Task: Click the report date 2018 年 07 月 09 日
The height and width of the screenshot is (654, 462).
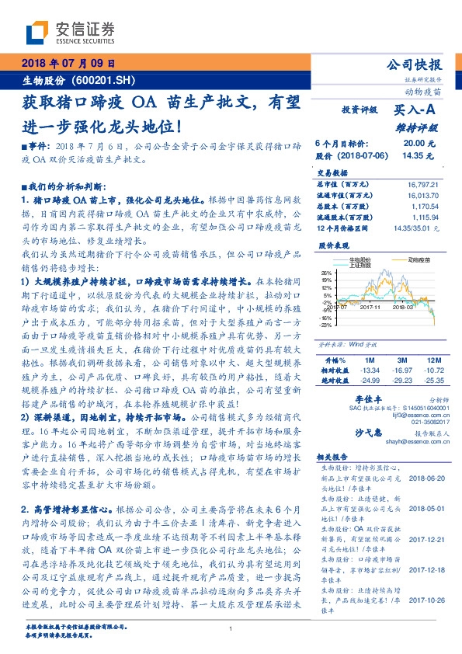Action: click(68, 64)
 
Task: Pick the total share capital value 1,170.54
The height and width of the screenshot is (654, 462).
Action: click(422, 207)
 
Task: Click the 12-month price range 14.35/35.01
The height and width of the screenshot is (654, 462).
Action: click(416, 229)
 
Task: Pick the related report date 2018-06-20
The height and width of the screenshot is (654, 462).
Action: click(422, 480)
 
